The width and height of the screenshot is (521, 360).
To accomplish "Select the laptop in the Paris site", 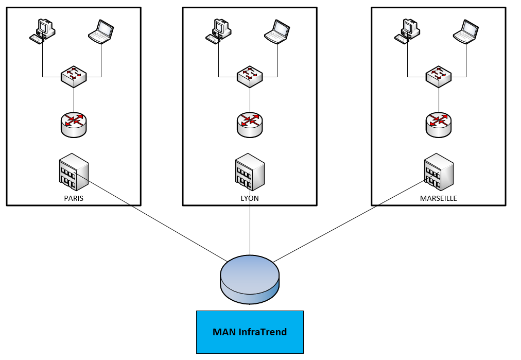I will tap(101, 32).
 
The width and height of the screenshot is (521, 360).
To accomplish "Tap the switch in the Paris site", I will tap(74, 76).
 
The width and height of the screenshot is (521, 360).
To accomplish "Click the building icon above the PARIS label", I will tap(74, 172).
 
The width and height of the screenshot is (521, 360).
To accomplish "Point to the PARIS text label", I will tap(74, 198).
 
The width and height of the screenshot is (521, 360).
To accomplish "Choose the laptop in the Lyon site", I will tap(277, 32).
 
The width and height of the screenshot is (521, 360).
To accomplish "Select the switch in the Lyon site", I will tap(250, 76).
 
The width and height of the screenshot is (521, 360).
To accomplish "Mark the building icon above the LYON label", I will tap(250, 172).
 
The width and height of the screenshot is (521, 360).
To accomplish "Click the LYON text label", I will tap(250, 198).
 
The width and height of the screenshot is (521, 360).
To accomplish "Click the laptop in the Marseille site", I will tap(466, 32).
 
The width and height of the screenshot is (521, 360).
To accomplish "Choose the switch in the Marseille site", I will tap(439, 76).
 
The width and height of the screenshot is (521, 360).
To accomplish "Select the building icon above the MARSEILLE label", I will tap(439, 172).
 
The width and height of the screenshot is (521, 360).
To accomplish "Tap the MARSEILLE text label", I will tap(439, 198).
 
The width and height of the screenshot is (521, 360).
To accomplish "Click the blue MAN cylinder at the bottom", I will tap(250, 280).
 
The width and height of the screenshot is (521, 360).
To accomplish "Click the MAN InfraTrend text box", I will tap(250, 332).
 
